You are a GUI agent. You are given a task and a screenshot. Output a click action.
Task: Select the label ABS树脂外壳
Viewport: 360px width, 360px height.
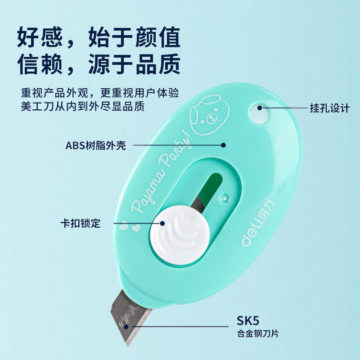click(x=96, y=145)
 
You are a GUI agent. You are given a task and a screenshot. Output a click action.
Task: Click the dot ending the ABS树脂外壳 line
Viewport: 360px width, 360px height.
click(x=223, y=145)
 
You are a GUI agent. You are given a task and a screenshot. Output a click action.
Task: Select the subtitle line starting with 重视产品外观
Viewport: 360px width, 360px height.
click(x=100, y=94)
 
